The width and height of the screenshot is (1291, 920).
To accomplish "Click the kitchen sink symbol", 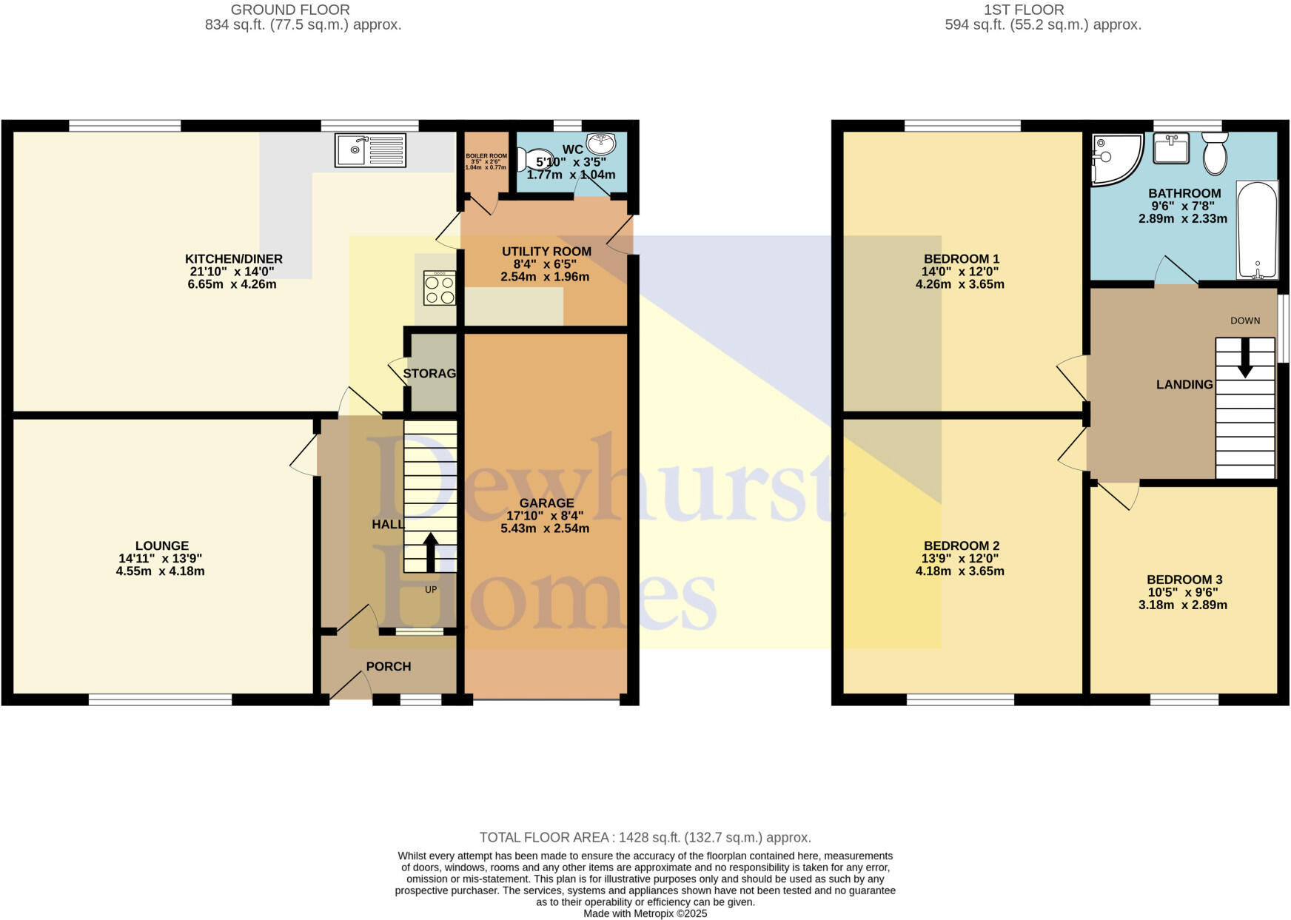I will (x=370, y=150).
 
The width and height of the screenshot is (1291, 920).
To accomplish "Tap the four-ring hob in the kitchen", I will (x=439, y=289).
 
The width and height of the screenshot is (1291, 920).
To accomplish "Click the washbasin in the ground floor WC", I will (x=601, y=143).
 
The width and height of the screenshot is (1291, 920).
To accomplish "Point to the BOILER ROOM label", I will (x=486, y=156).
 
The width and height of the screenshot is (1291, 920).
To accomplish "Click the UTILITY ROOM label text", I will (x=546, y=252).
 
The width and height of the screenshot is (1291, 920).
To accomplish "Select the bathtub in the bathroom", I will (x=1257, y=229).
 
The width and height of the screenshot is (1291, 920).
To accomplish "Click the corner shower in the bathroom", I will (x=1114, y=158).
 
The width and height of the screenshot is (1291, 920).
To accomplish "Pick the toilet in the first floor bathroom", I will (x=1215, y=153).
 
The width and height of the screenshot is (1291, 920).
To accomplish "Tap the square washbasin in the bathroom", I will (x=1171, y=148).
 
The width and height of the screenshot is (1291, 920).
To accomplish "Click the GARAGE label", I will (x=546, y=503).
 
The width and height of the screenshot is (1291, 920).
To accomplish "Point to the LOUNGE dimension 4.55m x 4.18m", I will (x=161, y=571).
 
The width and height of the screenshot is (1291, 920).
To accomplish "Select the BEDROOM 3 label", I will (x=1184, y=580).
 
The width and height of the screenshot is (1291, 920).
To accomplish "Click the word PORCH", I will (x=389, y=667).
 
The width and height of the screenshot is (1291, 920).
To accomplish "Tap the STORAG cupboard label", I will (x=429, y=374).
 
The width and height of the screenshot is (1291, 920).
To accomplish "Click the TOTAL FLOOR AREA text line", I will (x=645, y=838).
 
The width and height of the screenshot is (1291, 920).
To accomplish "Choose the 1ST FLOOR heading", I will (x=1024, y=10).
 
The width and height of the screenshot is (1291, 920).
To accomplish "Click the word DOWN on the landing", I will (x=1245, y=320).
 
